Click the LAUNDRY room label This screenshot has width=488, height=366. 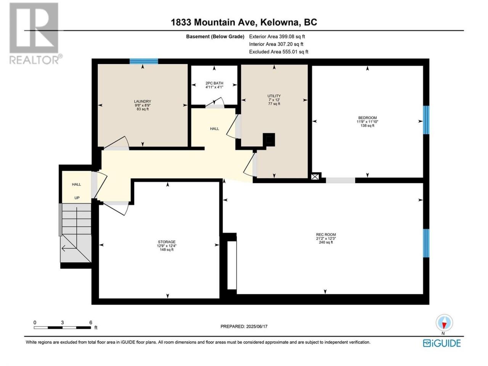pos(142,101)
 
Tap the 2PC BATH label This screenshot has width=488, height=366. pos(214,83)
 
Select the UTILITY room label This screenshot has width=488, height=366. pos(274,96)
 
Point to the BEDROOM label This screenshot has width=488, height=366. pos(367,117)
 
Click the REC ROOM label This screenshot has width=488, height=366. pos(326,234)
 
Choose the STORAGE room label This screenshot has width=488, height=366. pos(167,242)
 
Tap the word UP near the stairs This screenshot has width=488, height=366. pos(77,198)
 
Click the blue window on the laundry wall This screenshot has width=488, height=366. pos(144,61)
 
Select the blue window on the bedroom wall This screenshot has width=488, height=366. pos(426,120)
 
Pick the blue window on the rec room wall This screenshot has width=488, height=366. pos(426,243)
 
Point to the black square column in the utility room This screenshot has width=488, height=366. pos(269,140)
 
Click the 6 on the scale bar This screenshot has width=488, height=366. pos(90,322)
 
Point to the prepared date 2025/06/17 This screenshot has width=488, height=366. pos(257,326)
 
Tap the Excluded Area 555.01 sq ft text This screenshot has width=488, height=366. pos(279,52)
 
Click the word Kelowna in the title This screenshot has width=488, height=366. pos(279,22)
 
